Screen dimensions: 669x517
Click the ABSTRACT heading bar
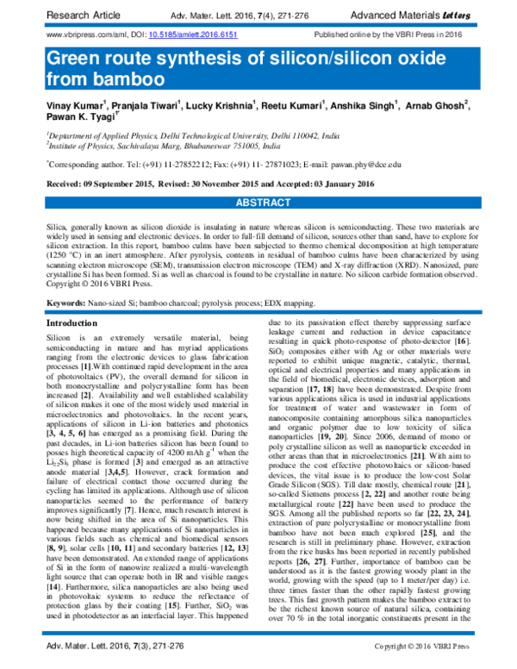258,200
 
